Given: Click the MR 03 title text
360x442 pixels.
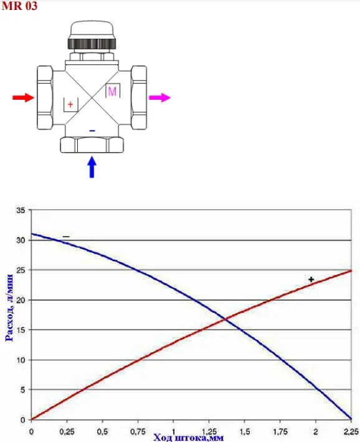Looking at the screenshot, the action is click(x=19, y=6).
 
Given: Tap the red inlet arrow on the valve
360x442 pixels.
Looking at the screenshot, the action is click(x=24, y=97).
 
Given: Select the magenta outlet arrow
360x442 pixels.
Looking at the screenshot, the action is click(x=159, y=97).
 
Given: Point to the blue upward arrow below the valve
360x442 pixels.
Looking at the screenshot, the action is click(x=92, y=167).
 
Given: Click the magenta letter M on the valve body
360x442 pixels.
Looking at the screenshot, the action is click(x=112, y=92).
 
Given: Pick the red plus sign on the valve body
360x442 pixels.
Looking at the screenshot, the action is click(x=70, y=105).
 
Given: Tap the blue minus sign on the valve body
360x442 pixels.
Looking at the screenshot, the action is click(x=92, y=131).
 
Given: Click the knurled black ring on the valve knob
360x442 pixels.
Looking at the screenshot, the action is click(x=92, y=44).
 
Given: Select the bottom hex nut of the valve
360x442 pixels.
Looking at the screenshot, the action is click(x=92, y=145).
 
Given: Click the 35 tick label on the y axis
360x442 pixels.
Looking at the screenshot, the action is click(x=21, y=210).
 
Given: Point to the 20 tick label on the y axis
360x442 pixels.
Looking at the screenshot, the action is click(x=21, y=300).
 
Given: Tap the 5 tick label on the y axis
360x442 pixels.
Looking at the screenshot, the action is click(x=23, y=390).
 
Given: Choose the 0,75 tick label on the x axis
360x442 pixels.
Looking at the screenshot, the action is click(x=138, y=431).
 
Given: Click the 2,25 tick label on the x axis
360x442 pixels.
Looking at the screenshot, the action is click(x=351, y=431).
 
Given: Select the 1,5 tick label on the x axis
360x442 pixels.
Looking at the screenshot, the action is click(x=245, y=431).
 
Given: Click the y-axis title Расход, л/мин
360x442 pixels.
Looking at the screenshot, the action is click(x=9, y=307).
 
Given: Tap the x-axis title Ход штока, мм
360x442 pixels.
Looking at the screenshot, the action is click(x=189, y=438).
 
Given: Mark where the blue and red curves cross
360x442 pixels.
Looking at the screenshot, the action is click(x=225, y=319).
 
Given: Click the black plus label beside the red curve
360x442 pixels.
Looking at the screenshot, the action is click(x=311, y=280).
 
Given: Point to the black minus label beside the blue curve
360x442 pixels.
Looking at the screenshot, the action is click(x=66, y=236).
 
